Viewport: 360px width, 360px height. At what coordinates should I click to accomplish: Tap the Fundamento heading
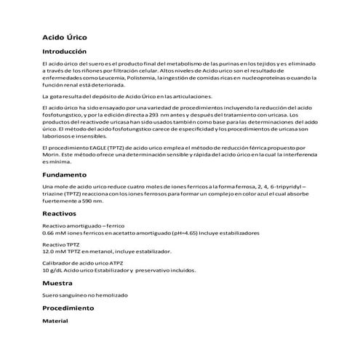coord(65,175)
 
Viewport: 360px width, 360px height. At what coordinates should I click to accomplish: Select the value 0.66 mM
coord(56,233)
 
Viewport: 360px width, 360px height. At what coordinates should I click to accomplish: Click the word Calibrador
coord(59,263)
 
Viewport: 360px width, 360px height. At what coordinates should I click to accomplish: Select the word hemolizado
coord(108,295)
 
